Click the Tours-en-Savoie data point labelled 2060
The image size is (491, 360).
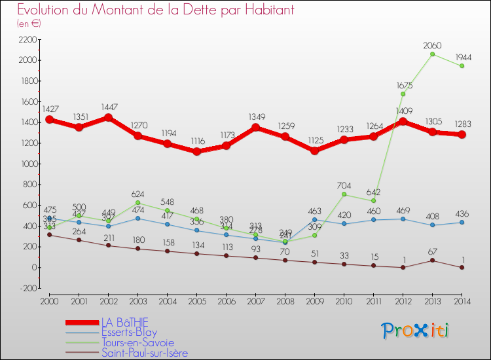pos(432,54)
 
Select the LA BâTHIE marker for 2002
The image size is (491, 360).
pos(109,118)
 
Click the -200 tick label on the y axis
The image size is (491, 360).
pos(26,288)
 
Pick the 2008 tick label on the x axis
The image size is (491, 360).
pos(285,301)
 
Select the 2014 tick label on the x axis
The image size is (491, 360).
pos(462,301)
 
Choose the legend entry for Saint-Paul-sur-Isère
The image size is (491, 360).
pos(144,353)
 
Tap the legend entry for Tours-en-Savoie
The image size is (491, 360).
pos(137,342)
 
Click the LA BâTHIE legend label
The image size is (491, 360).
pos(124,321)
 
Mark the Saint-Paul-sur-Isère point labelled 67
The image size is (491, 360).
pos(432,261)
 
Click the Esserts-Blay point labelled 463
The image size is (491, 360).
pos(315,219)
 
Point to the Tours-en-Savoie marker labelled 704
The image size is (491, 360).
pos(344,194)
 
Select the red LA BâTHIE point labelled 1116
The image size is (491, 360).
pos(197,152)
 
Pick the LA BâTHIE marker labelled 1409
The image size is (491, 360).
pos(403,121)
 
